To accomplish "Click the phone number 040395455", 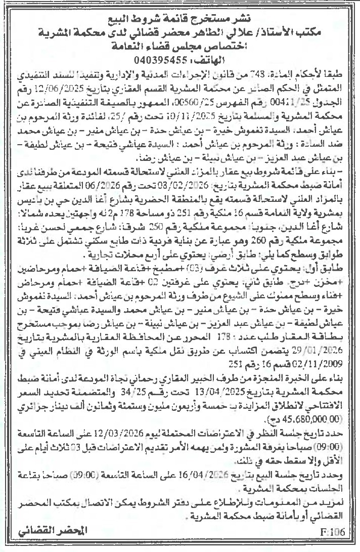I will pyautogui.click(x=154, y=59).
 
